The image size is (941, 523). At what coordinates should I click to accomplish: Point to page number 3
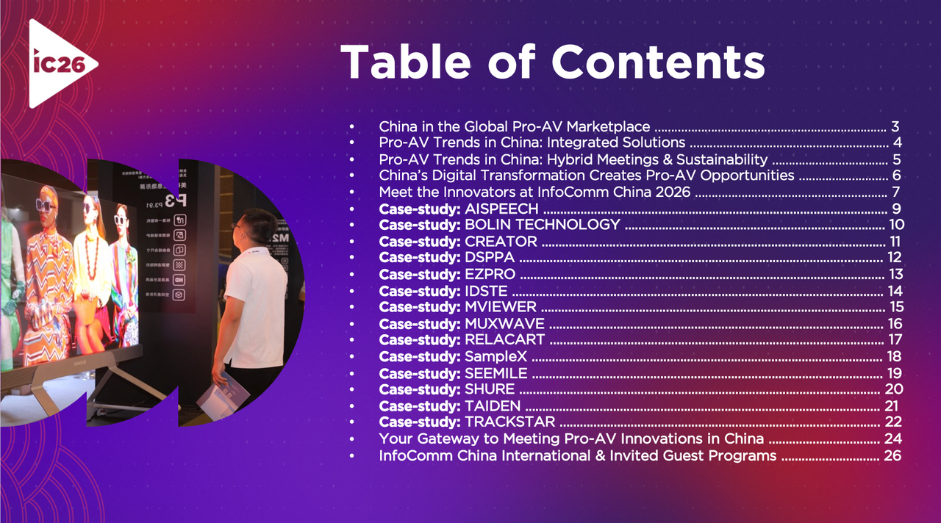point(895,126)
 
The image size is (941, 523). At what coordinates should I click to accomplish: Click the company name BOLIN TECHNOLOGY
point(543,225)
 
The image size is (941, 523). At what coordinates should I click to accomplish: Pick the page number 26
point(892,455)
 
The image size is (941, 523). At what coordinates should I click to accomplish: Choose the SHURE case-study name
point(490,389)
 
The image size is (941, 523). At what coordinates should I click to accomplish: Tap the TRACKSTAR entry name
point(509,422)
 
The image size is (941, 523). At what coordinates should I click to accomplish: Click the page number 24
point(892,439)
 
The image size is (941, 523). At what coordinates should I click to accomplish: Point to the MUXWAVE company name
point(504,324)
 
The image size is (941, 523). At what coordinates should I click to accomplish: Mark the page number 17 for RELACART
point(895,340)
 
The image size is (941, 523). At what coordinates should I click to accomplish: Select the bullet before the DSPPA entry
point(353,258)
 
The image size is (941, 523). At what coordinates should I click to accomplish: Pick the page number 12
point(894,258)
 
